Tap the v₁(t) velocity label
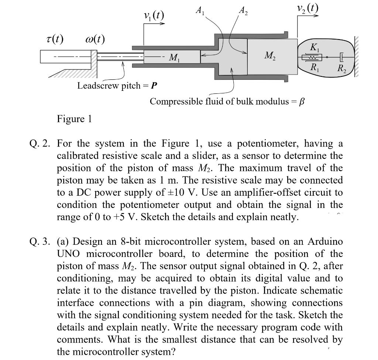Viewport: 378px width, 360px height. coord(154,16)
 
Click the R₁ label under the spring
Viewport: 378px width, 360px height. coord(313,68)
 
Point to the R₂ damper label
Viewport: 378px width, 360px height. coord(343,68)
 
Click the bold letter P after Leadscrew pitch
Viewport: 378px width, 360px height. coord(154,86)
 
